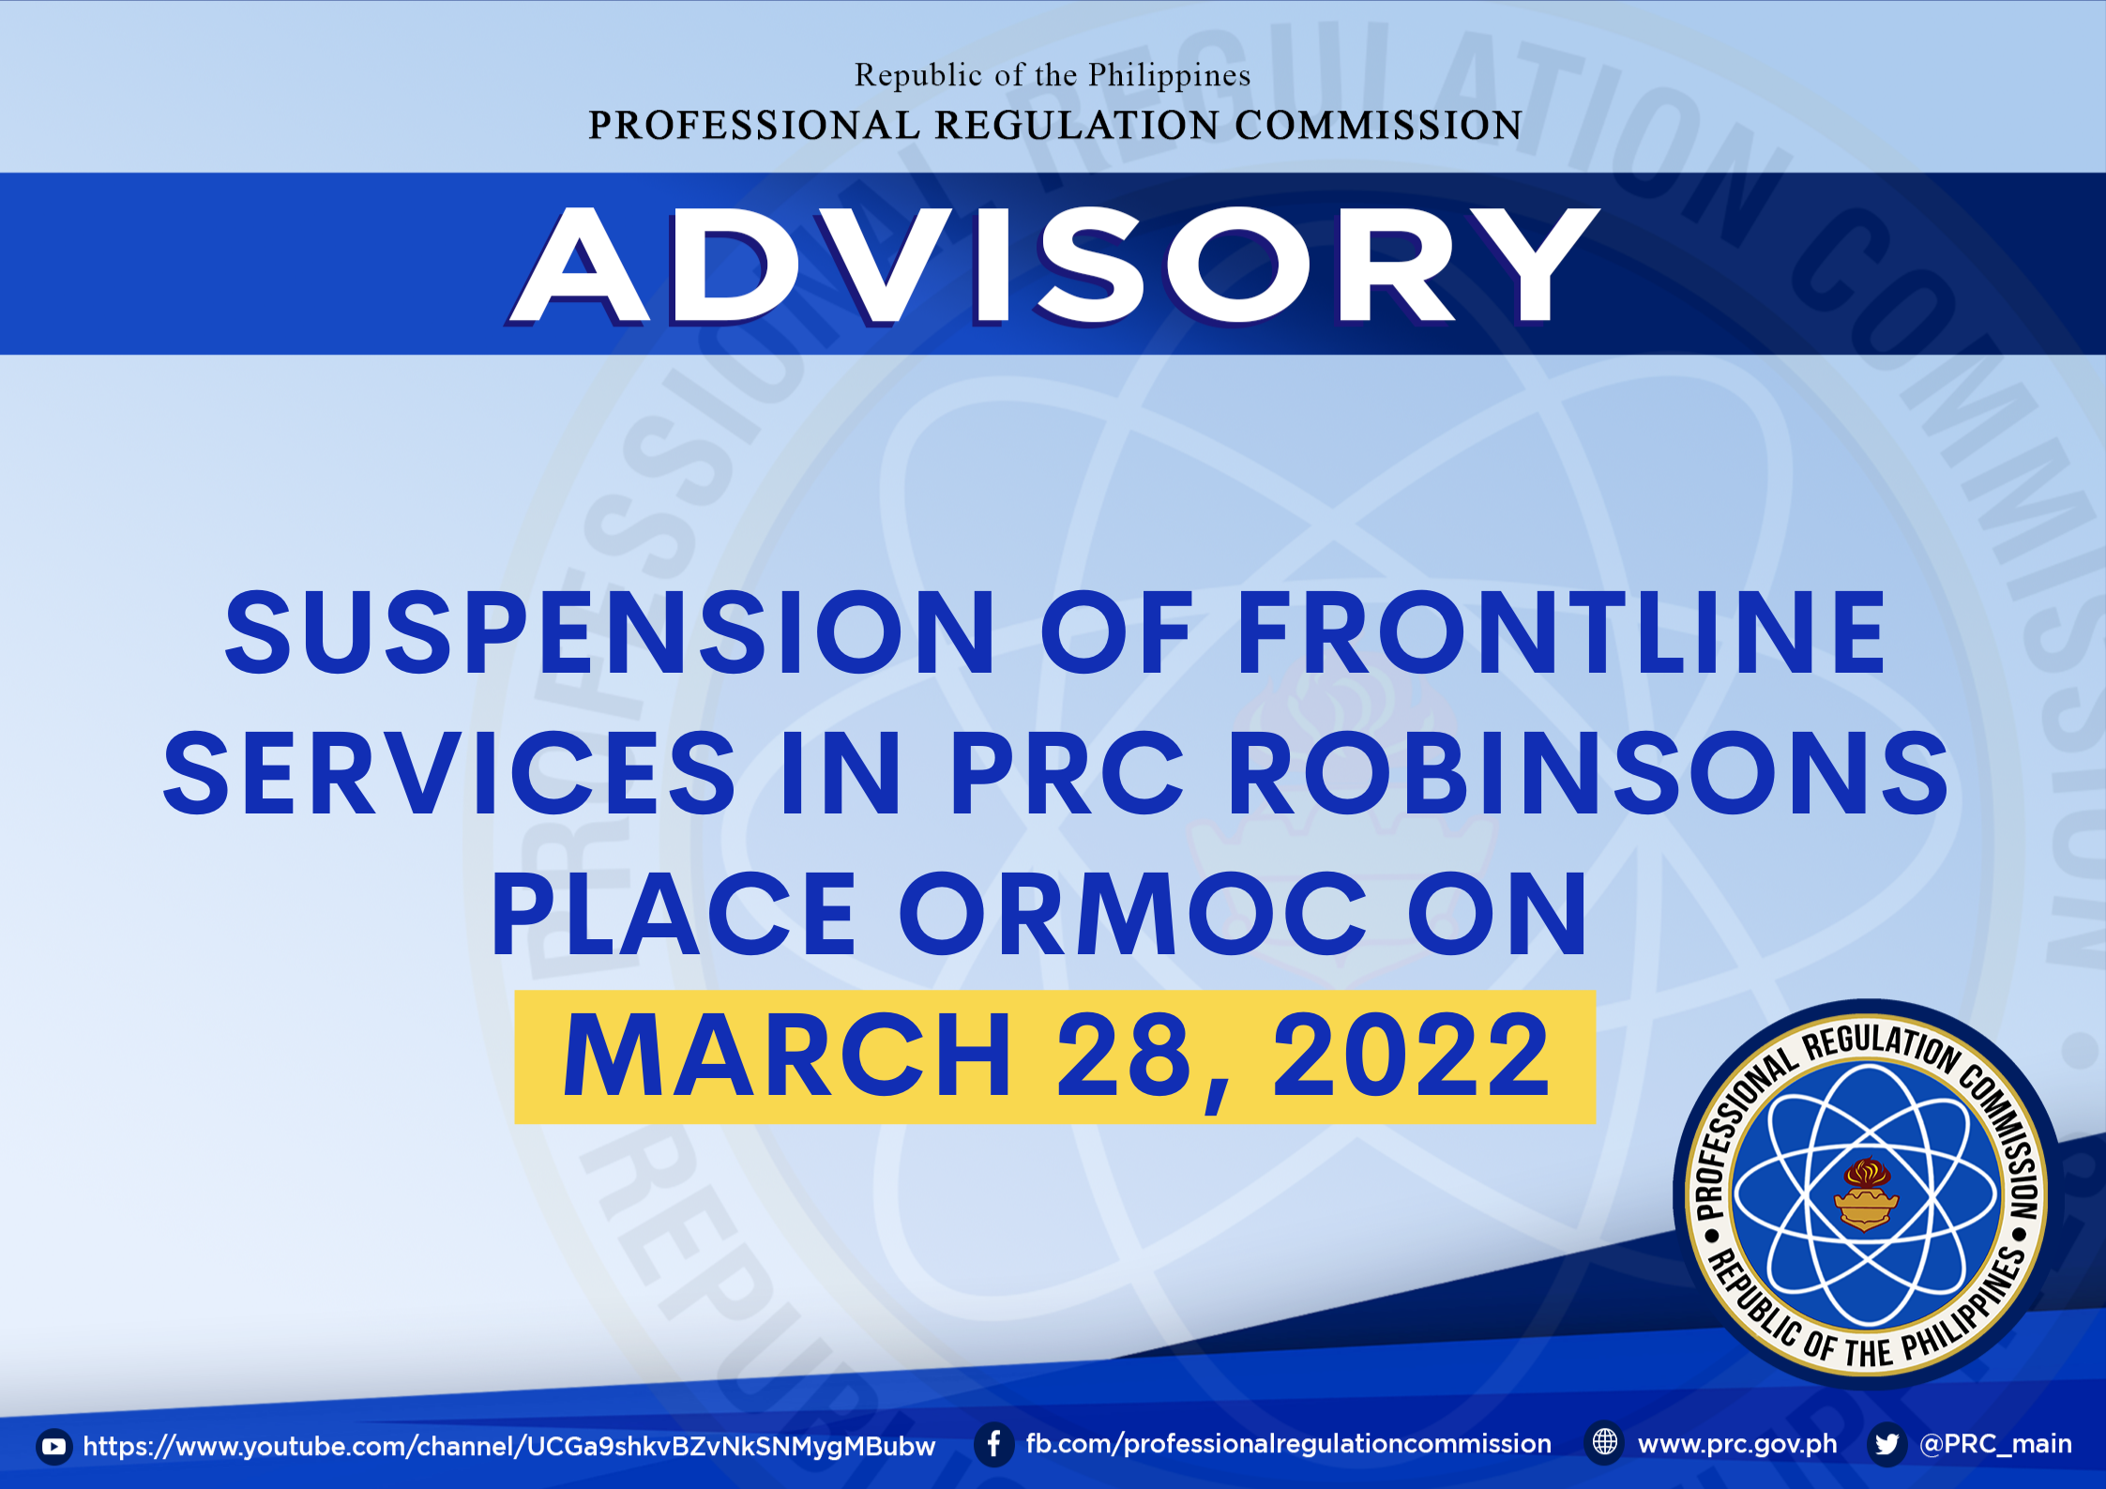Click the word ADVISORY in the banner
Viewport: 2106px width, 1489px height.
(x=1054, y=266)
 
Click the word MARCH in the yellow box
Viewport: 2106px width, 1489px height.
(x=786, y=1056)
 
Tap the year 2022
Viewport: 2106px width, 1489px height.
(x=1411, y=1056)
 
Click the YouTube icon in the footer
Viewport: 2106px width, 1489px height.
(x=54, y=1447)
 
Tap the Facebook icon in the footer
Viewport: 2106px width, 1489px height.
(x=994, y=1445)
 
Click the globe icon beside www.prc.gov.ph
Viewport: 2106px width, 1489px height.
(x=1605, y=1443)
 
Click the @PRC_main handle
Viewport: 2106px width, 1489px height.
(x=1995, y=1445)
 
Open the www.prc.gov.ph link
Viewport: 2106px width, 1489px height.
(x=1737, y=1445)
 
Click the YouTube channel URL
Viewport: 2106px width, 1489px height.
(x=509, y=1447)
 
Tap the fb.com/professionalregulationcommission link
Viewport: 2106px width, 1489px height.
(x=1289, y=1445)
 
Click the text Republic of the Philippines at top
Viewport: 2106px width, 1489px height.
(x=1053, y=75)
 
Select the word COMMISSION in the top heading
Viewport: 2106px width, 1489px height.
(x=1378, y=126)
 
